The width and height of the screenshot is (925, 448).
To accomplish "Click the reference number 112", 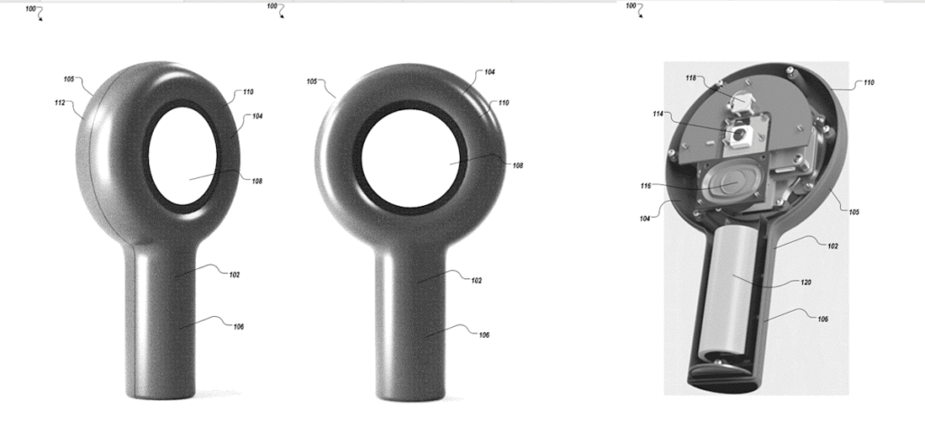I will pyautogui.click(x=60, y=103).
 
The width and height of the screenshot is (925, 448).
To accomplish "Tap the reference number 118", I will pyautogui.click(x=691, y=79).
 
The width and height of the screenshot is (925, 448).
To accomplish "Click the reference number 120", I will pyautogui.click(x=805, y=282).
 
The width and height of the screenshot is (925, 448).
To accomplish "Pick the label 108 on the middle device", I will pyautogui.click(x=517, y=165).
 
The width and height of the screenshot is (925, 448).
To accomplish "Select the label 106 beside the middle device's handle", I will pyautogui.click(x=484, y=334).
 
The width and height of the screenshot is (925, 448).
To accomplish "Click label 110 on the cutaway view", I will pyautogui.click(x=868, y=82).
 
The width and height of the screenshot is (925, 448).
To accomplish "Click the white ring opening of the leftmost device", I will pyautogui.click(x=187, y=163).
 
